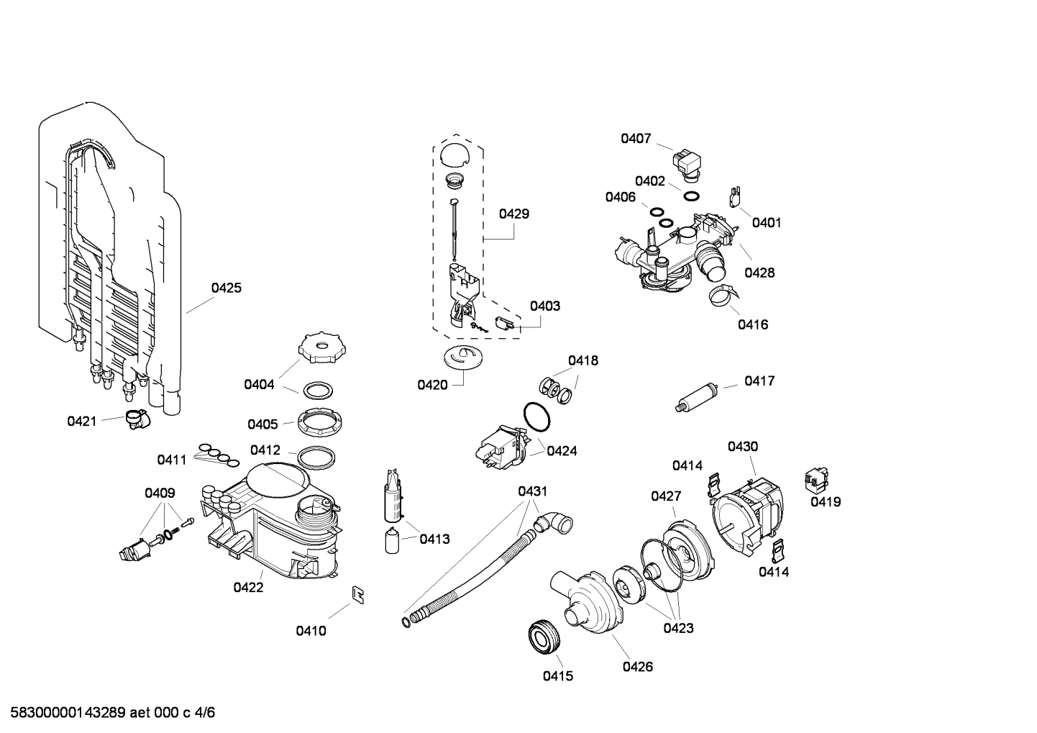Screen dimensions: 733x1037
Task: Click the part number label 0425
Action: tap(226, 288)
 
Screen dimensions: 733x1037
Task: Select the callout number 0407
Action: tap(636, 138)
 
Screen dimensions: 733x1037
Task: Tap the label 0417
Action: tap(759, 381)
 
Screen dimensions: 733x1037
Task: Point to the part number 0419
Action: tap(826, 502)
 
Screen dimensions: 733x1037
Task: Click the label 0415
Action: tap(557, 675)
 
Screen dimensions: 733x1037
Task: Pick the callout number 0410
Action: tap(311, 631)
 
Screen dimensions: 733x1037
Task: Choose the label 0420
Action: tap(432, 385)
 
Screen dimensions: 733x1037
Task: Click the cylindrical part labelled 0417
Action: tap(697, 397)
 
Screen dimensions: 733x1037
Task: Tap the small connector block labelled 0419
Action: tap(816, 476)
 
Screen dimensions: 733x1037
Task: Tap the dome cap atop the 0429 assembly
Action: tap(454, 153)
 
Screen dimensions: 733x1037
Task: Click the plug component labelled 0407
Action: tap(686, 163)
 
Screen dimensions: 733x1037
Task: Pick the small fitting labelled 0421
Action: tap(134, 418)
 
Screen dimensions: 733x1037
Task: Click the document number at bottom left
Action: tap(109, 713)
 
